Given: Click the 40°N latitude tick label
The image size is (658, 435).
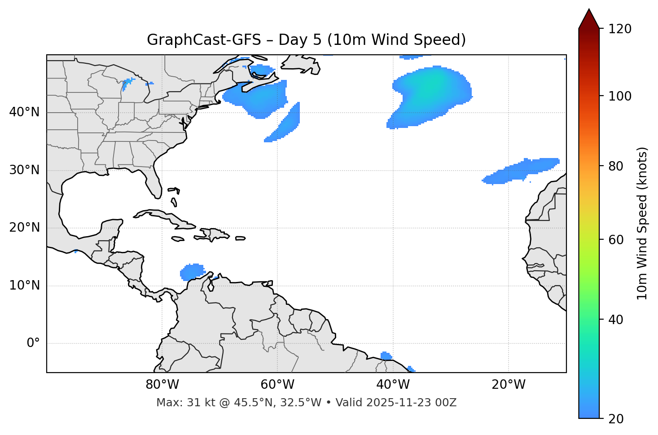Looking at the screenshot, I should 24,112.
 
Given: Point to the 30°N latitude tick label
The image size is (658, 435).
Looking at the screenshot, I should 24,170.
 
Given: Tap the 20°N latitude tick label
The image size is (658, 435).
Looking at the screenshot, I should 24,228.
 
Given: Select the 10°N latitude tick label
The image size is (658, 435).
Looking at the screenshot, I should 24,286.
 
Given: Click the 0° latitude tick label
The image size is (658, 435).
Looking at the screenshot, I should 33,343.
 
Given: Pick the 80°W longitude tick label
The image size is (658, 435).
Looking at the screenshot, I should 162,385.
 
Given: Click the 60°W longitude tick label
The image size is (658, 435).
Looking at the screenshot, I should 277,385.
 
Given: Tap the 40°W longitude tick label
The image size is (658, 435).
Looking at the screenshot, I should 393,385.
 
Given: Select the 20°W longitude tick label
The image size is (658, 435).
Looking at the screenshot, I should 509,385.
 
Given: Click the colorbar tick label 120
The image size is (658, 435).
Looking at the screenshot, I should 619,29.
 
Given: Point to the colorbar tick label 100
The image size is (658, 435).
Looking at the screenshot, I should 619,96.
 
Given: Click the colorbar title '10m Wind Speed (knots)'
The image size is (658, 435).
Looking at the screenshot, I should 642,223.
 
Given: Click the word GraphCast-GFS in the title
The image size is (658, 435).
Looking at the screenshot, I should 204,40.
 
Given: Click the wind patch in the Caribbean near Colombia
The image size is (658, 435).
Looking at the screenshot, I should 192,272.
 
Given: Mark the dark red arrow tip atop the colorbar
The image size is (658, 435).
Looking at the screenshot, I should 589,18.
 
